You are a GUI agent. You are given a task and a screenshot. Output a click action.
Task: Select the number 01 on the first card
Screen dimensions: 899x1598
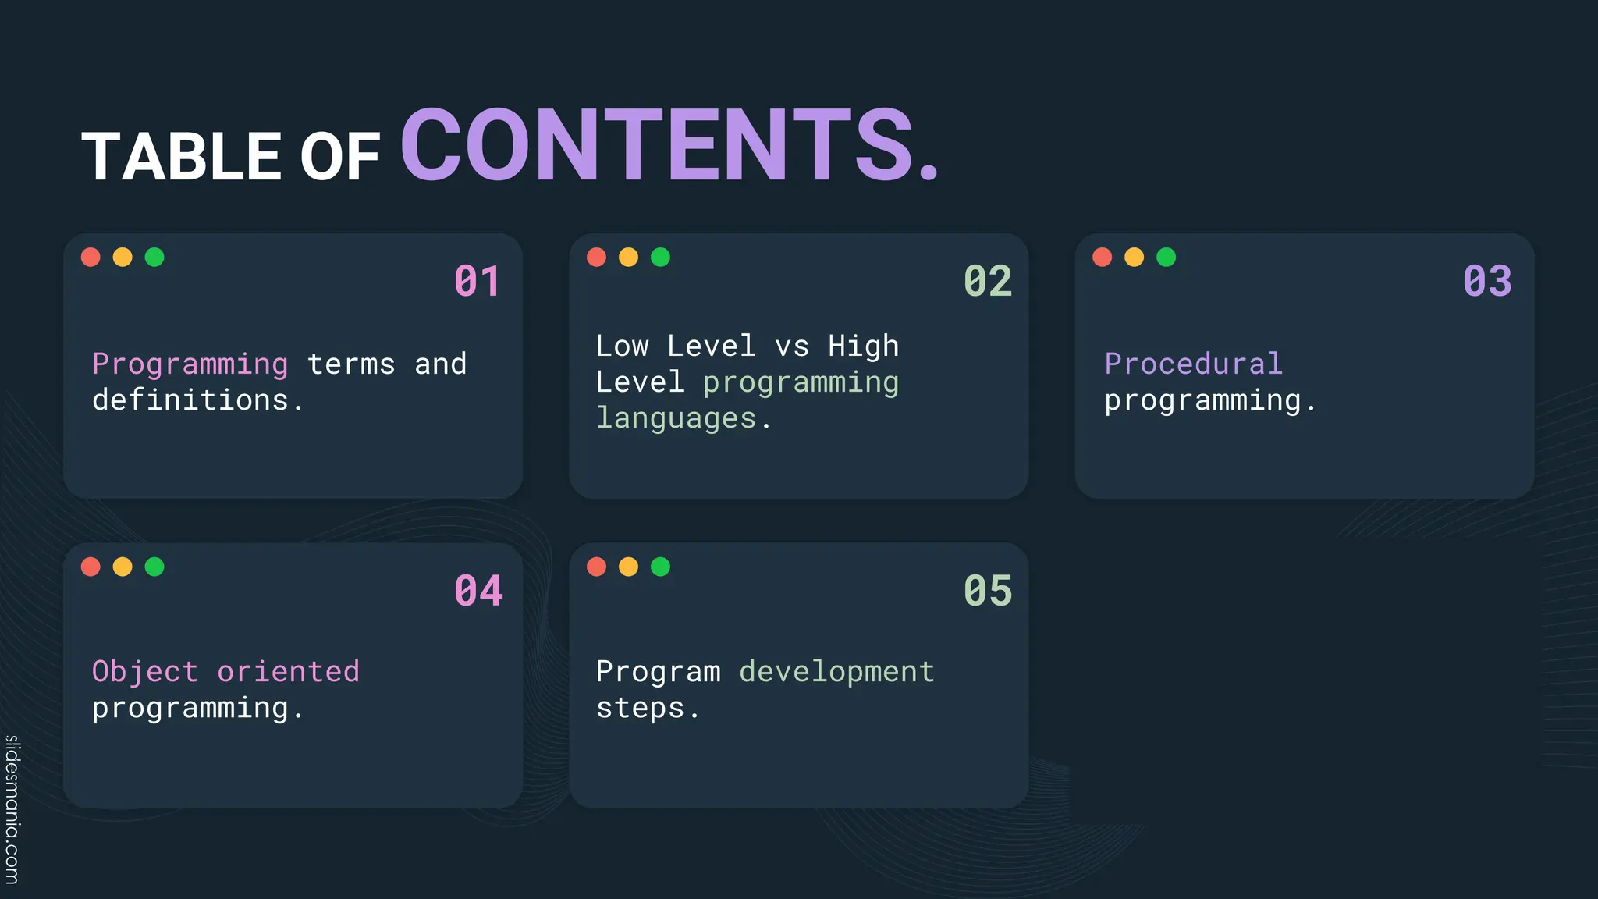[477, 282]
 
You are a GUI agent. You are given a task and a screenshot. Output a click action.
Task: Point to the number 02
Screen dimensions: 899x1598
[987, 282]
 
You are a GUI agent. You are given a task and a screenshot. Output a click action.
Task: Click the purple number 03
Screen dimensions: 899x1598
[1487, 282]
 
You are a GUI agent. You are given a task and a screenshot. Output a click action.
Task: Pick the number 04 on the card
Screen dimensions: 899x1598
[478, 591]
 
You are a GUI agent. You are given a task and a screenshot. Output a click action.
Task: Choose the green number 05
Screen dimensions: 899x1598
[987, 591]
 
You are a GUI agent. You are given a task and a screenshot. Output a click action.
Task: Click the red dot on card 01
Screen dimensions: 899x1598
[91, 257]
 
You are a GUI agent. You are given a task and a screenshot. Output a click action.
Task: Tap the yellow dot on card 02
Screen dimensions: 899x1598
[628, 257]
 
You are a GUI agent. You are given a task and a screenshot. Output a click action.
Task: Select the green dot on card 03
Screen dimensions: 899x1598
[1166, 257]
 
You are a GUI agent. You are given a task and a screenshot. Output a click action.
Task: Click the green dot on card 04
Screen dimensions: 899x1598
[154, 567]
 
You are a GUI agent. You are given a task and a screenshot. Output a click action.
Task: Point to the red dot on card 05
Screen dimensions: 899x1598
[596, 567]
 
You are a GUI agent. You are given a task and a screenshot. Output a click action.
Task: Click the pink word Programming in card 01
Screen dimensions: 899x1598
[190, 364]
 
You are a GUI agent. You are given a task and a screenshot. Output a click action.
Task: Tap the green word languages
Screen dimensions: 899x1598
[676, 419]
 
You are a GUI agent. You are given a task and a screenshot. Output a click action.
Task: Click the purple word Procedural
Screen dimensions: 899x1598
[1193, 364]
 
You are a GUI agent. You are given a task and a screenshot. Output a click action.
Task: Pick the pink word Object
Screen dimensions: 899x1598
[145, 672]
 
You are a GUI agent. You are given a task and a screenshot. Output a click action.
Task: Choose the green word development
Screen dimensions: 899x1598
[836, 672]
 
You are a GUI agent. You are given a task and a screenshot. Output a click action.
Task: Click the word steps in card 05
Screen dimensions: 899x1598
[641, 709]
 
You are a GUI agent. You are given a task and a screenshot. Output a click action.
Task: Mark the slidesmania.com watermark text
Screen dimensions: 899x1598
[12, 809]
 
